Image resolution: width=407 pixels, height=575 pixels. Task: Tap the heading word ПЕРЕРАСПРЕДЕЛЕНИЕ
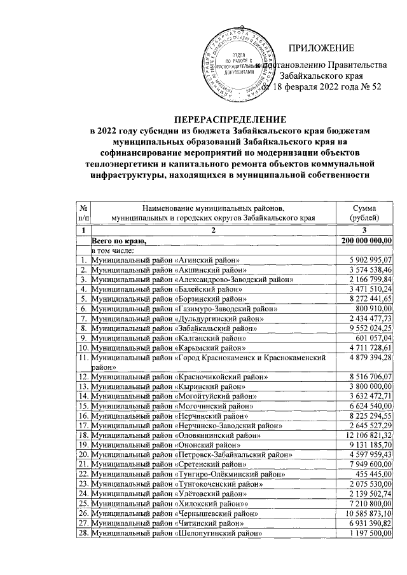pyautogui.click(x=231, y=119)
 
